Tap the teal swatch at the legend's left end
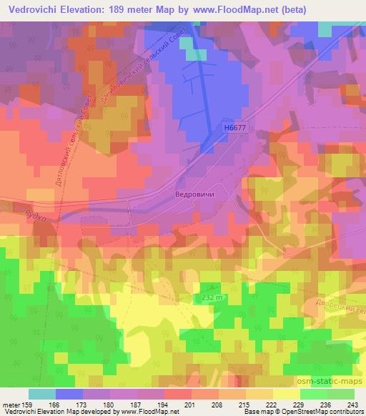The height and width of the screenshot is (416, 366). click(x=42, y=394)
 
